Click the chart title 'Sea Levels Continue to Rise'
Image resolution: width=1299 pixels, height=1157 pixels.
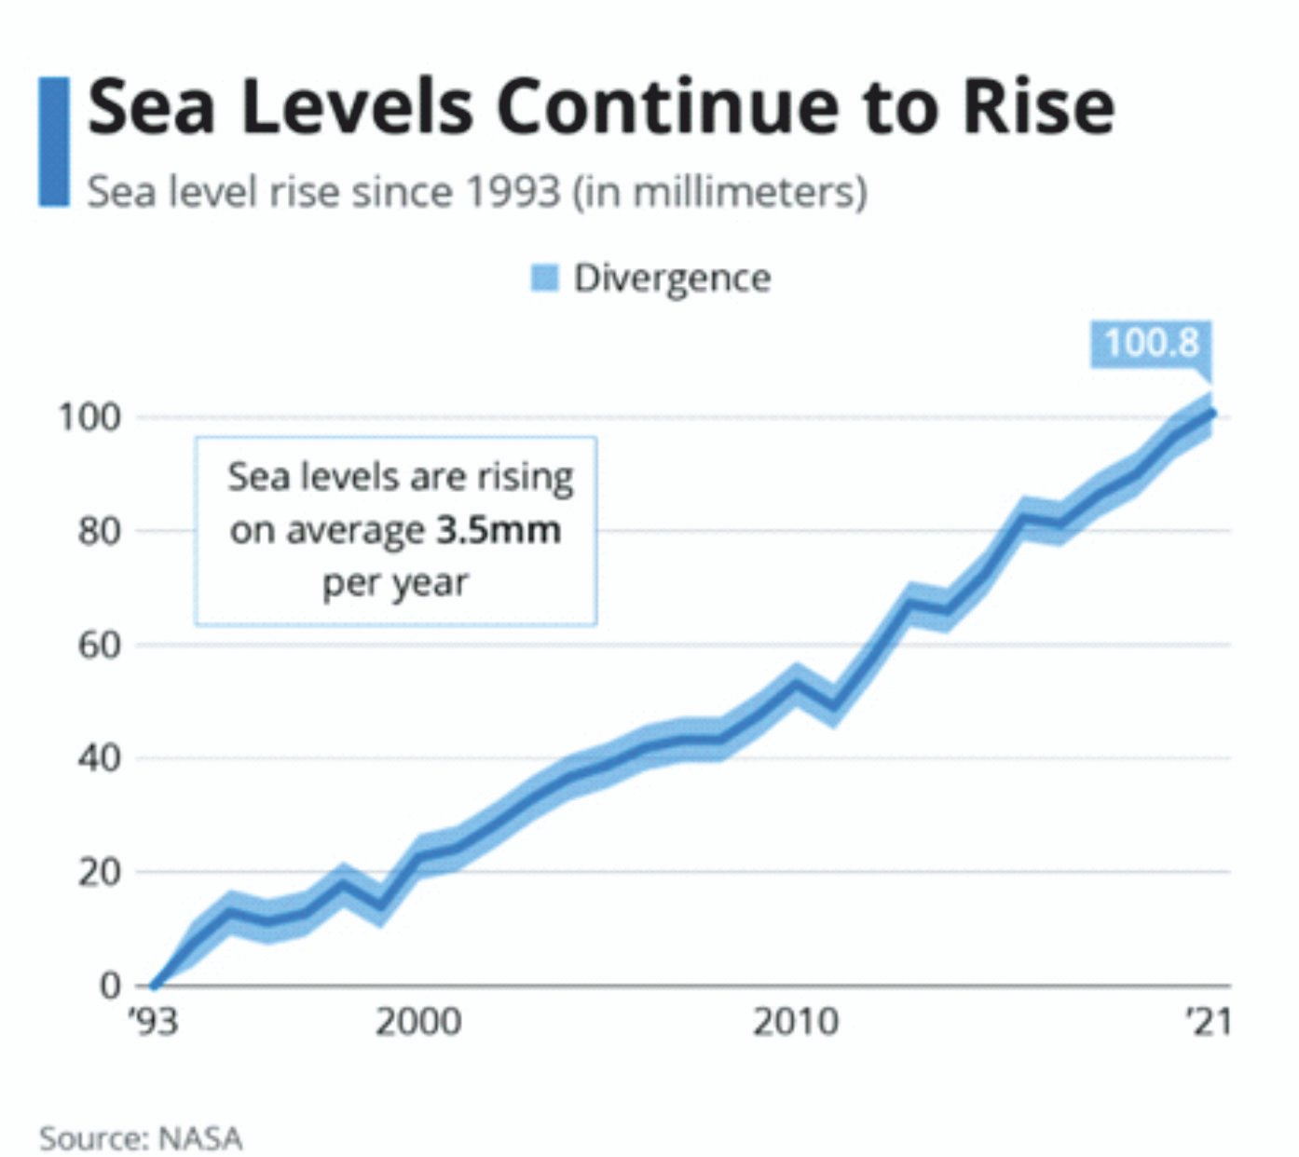(600, 107)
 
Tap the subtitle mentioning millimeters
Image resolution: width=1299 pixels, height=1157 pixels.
(476, 192)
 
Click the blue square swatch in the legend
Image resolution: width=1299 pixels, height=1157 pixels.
(544, 278)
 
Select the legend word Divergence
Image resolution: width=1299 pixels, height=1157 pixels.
(672, 278)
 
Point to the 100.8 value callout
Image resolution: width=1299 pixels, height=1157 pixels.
(1151, 343)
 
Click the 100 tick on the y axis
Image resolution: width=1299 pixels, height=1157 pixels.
(90, 416)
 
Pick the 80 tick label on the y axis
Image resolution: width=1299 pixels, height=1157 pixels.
(99, 531)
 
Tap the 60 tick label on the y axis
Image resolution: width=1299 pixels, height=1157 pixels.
(99, 645)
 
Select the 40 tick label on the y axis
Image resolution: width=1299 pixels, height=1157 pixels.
(99, 758)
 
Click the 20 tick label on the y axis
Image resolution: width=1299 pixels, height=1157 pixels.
(99, 873)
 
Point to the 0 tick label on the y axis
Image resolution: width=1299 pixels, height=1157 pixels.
(110, 985)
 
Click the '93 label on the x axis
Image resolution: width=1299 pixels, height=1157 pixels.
(153, 1022)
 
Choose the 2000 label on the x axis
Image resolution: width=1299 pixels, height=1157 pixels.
(417, 1022)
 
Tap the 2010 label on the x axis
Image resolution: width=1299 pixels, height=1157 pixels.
(795, 1022)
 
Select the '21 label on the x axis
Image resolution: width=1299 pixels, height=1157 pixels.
(1209, 1022)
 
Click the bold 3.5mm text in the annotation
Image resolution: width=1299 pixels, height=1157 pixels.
(499, 530)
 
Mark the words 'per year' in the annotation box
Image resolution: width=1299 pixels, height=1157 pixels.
(395, 583)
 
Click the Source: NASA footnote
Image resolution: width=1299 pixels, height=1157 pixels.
(141, 1137)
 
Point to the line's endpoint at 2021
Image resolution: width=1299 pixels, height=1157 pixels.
(1211, 413)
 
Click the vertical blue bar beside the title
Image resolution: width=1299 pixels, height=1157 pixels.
(53, 142)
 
